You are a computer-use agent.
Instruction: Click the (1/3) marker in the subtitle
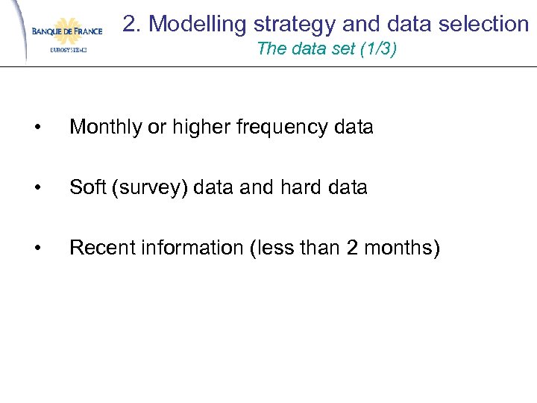383,49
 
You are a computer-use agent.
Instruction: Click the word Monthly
105,128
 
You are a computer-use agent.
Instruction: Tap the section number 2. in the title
132,24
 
